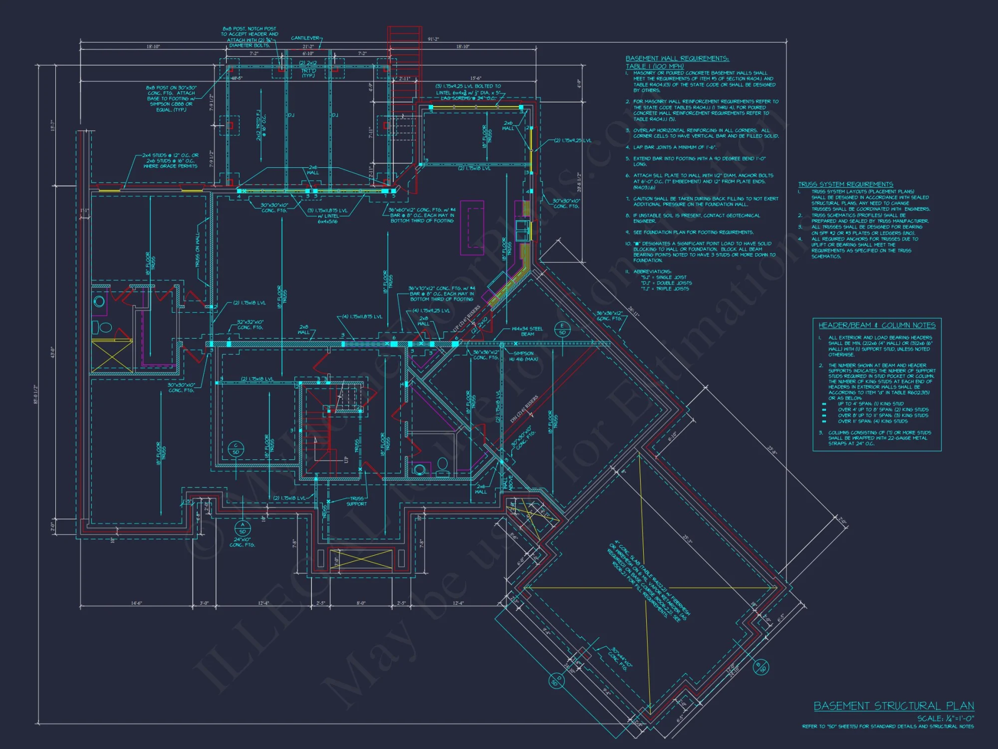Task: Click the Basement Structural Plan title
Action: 893,706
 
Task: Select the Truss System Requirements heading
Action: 845,184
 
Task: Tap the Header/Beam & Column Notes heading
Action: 877,325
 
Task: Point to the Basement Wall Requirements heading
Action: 677,58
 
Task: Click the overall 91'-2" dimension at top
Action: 433,39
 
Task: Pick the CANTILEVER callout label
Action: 305,38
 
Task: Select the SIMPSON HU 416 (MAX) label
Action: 523,356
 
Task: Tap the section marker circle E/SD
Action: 562,329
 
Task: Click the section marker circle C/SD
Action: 236,448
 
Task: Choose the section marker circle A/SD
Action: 243,528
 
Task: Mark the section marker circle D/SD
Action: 557,681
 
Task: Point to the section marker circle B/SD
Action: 760,667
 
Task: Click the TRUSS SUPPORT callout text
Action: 356,501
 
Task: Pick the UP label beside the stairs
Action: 346,459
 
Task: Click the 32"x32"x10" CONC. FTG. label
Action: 250,325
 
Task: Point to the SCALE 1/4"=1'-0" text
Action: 945,718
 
